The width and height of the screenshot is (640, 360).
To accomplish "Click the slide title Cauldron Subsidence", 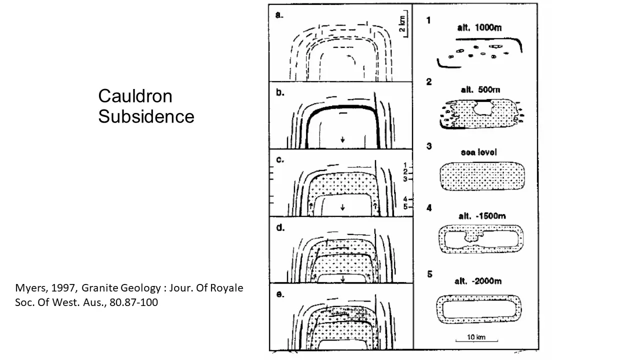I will click(146, 106).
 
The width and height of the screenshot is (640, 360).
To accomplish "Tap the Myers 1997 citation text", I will click(129, 295).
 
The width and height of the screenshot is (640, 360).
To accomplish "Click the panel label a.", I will click(279, 15).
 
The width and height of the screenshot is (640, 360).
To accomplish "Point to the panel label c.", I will click(279, 160).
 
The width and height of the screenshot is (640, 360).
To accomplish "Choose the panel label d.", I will click(280, 228).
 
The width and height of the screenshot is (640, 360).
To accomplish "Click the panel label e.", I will click(280, 294).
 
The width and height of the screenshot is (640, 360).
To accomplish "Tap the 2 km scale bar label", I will click(402, 23).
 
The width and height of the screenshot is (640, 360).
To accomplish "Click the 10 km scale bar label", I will click(476, 337).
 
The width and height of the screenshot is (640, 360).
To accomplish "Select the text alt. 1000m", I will click(479, 28).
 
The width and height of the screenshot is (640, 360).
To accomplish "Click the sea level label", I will click(478, 152).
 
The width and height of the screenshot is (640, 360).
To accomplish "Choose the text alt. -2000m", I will click(478, 281).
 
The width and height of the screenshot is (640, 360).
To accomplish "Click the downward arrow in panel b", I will click(342, 140).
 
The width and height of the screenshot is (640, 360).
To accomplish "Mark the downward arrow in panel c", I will click(342, 207).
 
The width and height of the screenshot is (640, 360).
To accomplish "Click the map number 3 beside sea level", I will click(429, 146).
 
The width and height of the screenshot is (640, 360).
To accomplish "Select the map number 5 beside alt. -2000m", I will click(429, 274).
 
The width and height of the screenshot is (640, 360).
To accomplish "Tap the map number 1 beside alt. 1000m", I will click(428, 20).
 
